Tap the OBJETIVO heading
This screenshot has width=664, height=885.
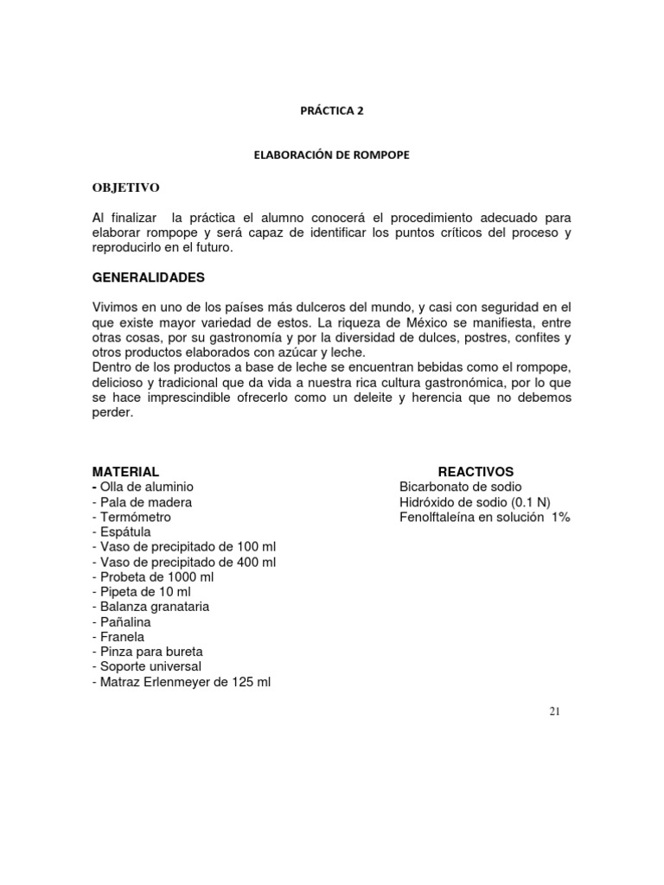[x=126, y=188]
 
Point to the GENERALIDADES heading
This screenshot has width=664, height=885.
[x=149, y=278]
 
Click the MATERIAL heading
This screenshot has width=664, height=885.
[x=125, y=472]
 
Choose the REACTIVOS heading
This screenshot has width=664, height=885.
[x=476, y=472]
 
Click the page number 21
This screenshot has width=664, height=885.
[x=555, y=710]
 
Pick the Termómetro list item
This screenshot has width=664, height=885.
[x=136, y=517]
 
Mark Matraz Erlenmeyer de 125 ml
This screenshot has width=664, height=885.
[x=181, y=682]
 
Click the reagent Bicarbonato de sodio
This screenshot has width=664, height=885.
[x=461, y=487]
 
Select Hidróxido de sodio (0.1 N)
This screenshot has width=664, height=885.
[x=475, y=502]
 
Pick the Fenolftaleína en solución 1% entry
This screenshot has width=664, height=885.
[x=485, y=517]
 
